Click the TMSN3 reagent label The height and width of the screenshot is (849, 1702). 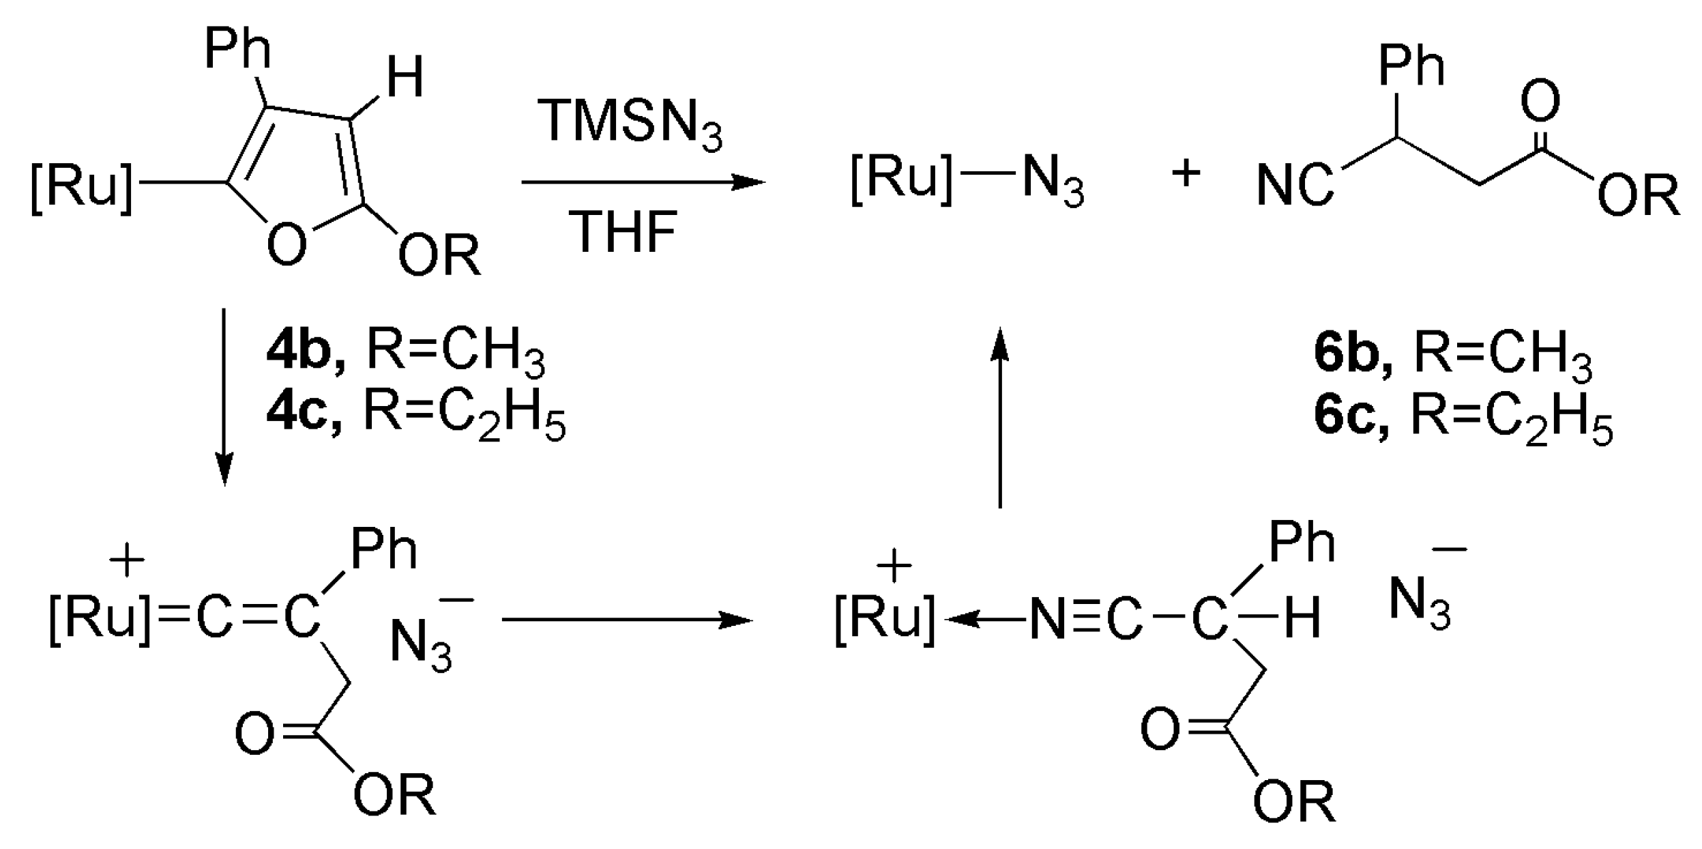631,125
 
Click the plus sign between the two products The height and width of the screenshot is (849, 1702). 1186,173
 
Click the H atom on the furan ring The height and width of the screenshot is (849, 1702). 405,77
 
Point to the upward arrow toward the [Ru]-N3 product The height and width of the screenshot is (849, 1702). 999,416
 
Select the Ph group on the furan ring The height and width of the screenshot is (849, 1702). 237,49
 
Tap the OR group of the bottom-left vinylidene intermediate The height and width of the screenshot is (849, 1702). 394,795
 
